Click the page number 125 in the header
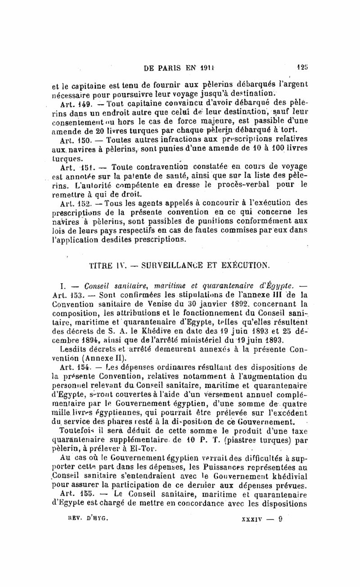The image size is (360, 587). tap(302, 64)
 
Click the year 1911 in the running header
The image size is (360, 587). tap(205, 65)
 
